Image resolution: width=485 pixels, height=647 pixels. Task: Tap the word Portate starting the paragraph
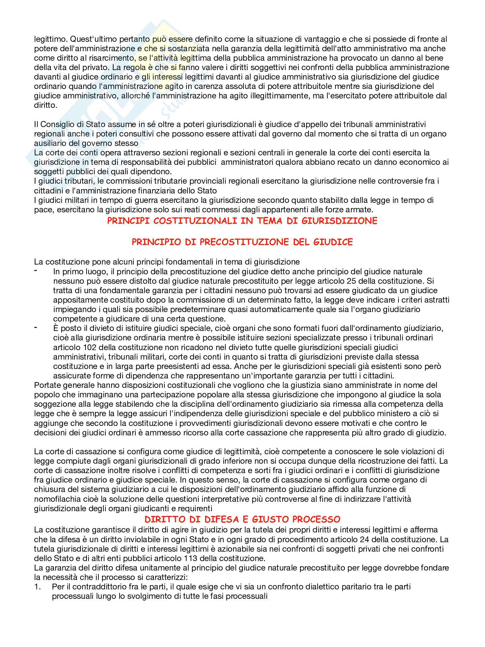47,385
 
